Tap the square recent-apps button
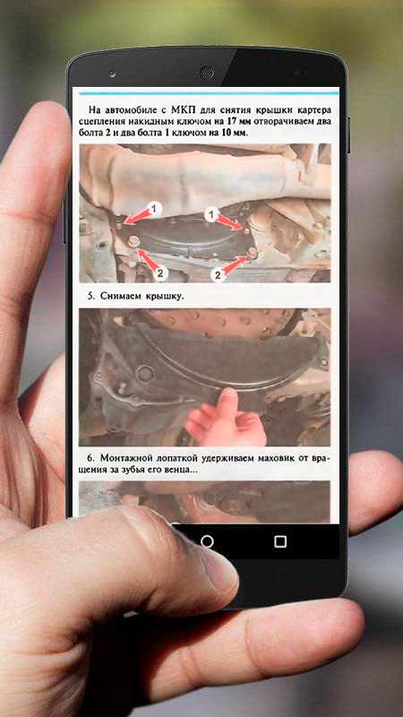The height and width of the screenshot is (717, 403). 280,541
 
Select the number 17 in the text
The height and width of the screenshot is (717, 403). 231,122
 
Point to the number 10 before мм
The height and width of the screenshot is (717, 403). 226,133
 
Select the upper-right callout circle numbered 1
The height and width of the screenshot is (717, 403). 211,214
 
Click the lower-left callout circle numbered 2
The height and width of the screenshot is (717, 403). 160,273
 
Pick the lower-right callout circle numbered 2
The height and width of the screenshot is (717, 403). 218,275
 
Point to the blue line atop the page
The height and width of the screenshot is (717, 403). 209,93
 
